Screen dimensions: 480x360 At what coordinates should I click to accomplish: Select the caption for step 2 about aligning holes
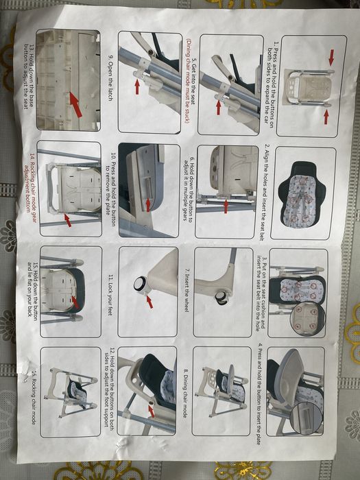click(267, 185)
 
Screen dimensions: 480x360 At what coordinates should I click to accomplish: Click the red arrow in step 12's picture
click(152, 410)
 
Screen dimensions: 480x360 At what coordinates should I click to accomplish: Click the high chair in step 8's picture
click(223, 387)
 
